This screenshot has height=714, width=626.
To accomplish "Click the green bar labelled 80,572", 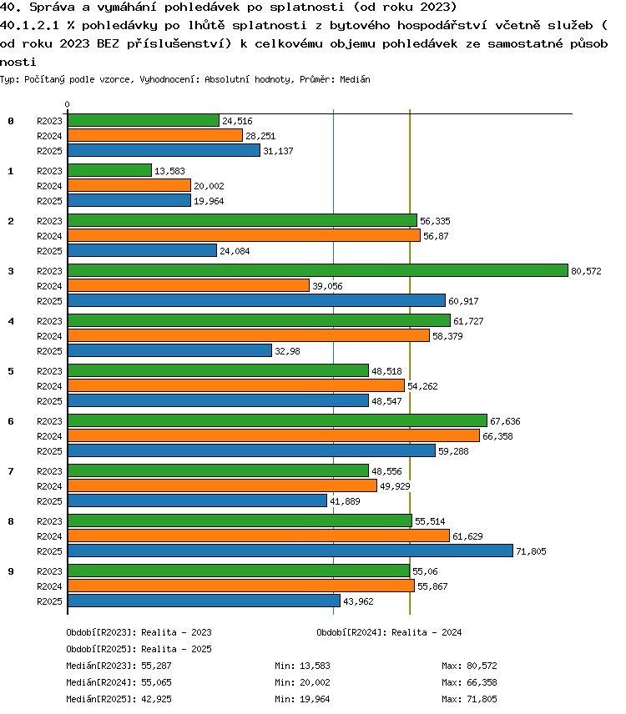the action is (318, 270).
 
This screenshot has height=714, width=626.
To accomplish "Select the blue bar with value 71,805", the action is (290, 551).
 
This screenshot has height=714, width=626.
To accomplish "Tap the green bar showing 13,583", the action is (109, 170).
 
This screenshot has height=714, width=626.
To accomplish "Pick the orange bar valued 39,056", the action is (189, 285).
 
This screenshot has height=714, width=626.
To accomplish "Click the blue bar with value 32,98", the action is (169, 350).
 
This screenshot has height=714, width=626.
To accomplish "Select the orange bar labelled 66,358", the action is (274, 435).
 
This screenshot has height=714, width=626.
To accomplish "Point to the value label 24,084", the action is (235, 251).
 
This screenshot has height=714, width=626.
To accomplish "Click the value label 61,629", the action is (467, 536).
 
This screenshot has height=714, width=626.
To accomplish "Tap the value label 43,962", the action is (358, 601).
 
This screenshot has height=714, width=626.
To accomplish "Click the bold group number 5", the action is (11, 371).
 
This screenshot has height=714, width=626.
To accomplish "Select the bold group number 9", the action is (11, 571).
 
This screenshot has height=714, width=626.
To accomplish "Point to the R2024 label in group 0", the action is (49, 136).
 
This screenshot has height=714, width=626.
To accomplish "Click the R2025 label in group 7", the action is (49, 501).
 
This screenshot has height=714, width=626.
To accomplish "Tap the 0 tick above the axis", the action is (67, 105).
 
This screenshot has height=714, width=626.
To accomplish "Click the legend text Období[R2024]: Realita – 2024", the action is (389, 632).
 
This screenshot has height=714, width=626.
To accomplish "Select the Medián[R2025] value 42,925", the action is (156, 699).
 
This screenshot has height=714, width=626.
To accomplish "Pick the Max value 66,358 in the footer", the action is (482, 682).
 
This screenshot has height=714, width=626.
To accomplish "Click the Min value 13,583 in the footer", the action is (315, 666).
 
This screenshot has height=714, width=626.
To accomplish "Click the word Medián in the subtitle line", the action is (355, 79).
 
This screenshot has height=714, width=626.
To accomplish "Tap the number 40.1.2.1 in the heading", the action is (29, 25).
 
